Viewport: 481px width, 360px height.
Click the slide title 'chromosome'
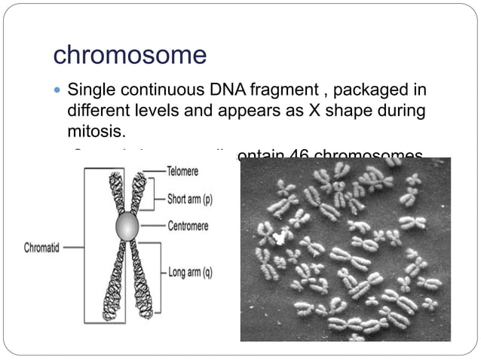[130, 55]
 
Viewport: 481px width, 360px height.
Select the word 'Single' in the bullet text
[93, 91]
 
